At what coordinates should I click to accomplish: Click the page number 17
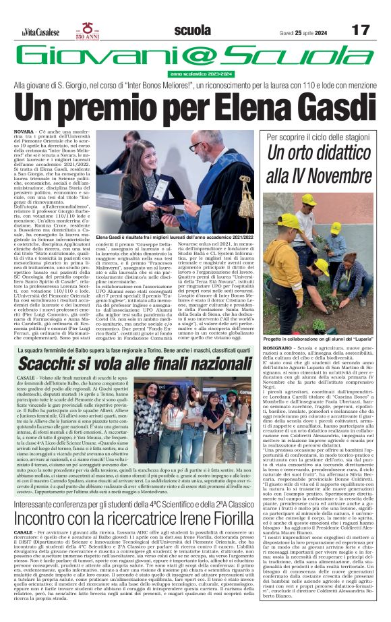361,30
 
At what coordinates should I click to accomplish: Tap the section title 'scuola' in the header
192,30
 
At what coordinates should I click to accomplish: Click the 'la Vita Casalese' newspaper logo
40,31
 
